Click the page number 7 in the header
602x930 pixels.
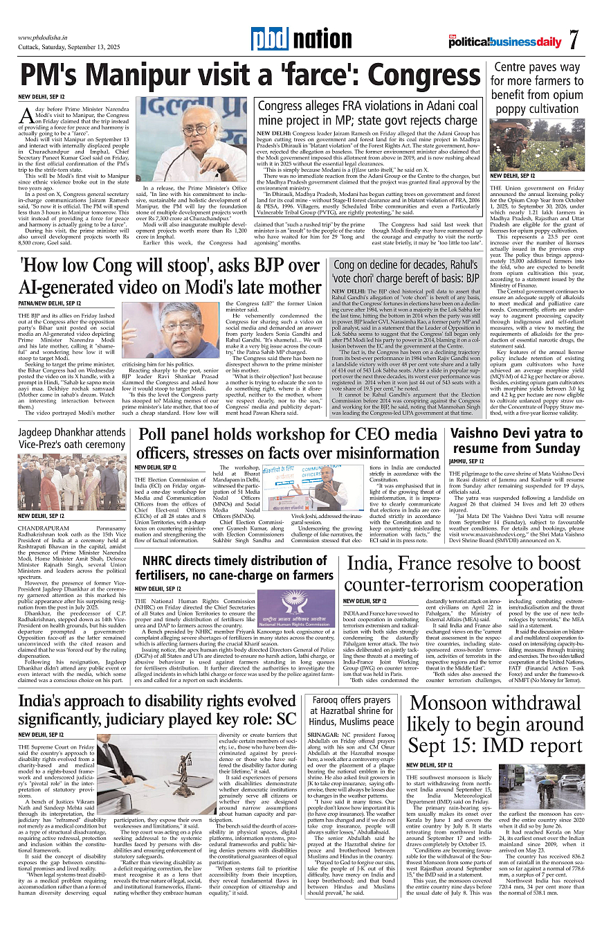[x=574, y=40]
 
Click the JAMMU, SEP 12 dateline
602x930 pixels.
[x=466, y=461]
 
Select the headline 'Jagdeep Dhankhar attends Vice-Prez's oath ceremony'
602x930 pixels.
[x=73, y=438]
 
